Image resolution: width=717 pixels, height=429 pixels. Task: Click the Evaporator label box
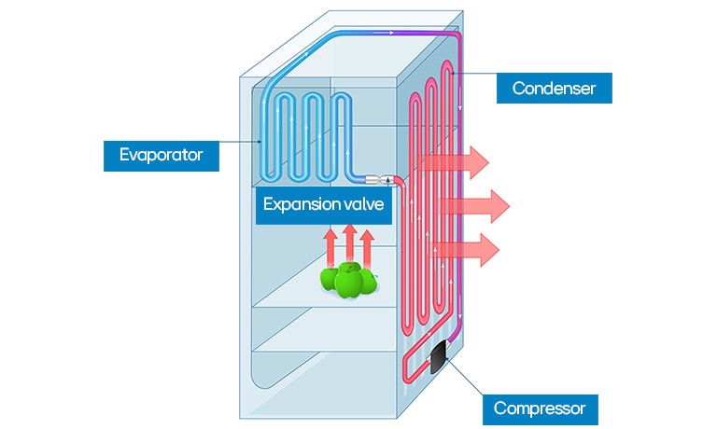(x=160, y=154)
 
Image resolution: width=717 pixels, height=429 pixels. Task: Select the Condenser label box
(x=554, y=89)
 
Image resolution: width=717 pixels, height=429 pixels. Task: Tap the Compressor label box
(x=539, y=408)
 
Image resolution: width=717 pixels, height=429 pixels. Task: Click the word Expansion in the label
(x=298, y=205)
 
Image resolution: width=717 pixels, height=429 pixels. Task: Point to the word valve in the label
(x=360, y=205)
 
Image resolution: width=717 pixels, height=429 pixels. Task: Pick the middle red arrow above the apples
(x=348, y=245)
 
